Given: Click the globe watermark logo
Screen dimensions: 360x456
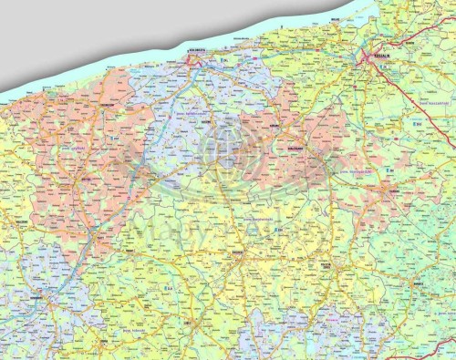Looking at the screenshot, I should tap(222, 146).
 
